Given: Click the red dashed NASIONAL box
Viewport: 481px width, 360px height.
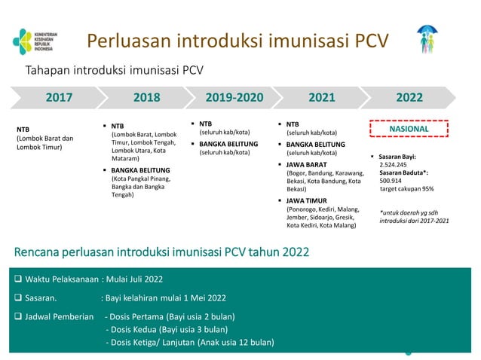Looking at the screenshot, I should click(409, 130).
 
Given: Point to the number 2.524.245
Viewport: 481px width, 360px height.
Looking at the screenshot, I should click(394, 164).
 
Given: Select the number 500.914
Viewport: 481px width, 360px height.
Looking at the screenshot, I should click(391, 181).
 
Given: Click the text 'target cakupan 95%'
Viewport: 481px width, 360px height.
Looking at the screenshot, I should click(406, 189).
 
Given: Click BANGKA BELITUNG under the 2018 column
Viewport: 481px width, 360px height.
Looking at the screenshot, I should click(141, 170).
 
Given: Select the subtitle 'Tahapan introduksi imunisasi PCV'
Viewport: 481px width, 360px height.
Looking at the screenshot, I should click(115, 71).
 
